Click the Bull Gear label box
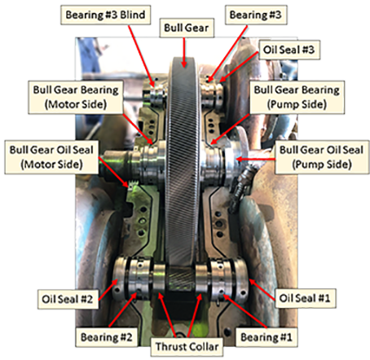(187, 28)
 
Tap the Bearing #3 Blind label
(105, 15)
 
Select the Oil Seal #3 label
(289, 50)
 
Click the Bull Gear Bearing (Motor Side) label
(76, 97)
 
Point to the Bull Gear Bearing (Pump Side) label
(297, 97)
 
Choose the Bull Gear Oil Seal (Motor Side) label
(51, 157)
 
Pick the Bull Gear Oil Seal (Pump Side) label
(322, 157)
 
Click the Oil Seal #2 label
(68, 299)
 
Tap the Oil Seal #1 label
(305, 298)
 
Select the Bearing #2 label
(107, 337)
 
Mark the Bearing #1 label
(266, 337)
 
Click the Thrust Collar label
(187, 347)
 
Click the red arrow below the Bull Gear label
(184, 52)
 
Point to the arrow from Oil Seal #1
(262, 289)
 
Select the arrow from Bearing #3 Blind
(142, 56)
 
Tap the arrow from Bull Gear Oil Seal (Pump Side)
(256, 159)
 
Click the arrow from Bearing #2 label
(122, 310)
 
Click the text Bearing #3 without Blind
(256, 15)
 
